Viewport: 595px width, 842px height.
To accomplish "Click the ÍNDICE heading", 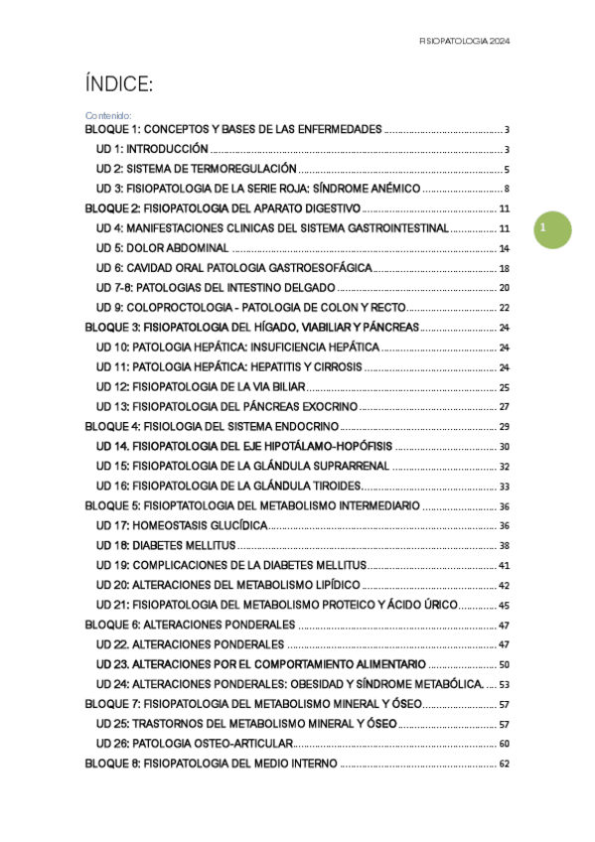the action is point(118,86).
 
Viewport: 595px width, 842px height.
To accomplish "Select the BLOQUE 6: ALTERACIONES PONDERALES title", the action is point(190,625).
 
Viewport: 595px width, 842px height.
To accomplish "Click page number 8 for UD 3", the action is point(507,189).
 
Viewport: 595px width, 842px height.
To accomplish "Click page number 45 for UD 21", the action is point(504,605).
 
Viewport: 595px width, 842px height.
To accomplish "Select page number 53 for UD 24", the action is point(504,684).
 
